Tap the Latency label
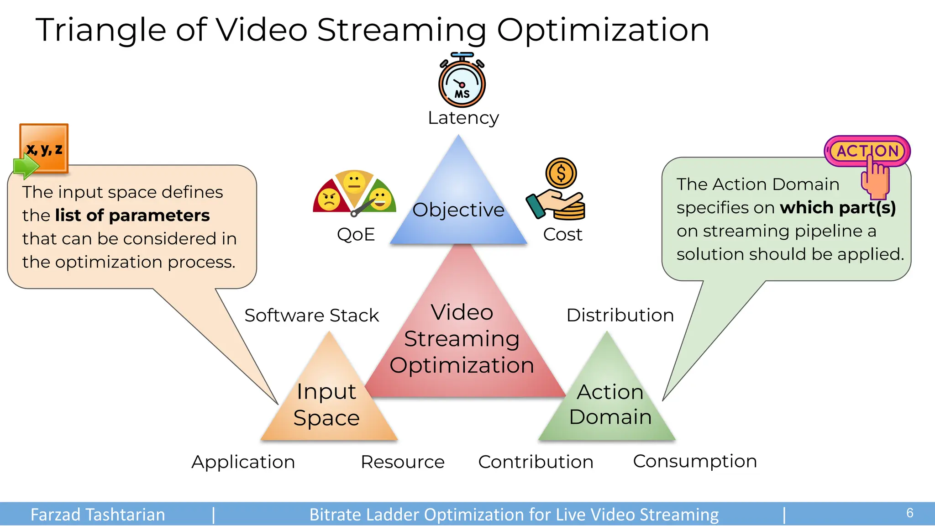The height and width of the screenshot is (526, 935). pos(463,118)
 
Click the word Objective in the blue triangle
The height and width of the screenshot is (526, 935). pos(458,210)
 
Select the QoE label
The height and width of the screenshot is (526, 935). pos(356,235)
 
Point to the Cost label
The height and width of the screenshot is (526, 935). pos(562,235)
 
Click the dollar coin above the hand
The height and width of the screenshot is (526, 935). pos(561,173)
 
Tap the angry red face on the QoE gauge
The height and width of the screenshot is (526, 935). pos(329,200)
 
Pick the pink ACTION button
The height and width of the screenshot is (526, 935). pos(867,151)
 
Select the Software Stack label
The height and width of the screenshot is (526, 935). pos(311,316)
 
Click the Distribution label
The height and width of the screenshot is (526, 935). pos(620,316)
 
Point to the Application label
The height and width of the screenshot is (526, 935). pos(243,462)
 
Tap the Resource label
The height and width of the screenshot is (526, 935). pos(402,462)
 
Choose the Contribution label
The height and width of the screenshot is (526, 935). pos(536,462)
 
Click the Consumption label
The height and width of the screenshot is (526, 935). pos(695,461)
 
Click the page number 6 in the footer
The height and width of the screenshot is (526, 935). pos(909,513)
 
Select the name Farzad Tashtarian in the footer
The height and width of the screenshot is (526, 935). pos(98,515)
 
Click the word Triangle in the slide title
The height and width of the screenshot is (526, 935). pos(100,30)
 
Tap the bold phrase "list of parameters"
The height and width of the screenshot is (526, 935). pos(132,216)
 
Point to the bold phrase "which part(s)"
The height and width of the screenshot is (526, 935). pos(838,208)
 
